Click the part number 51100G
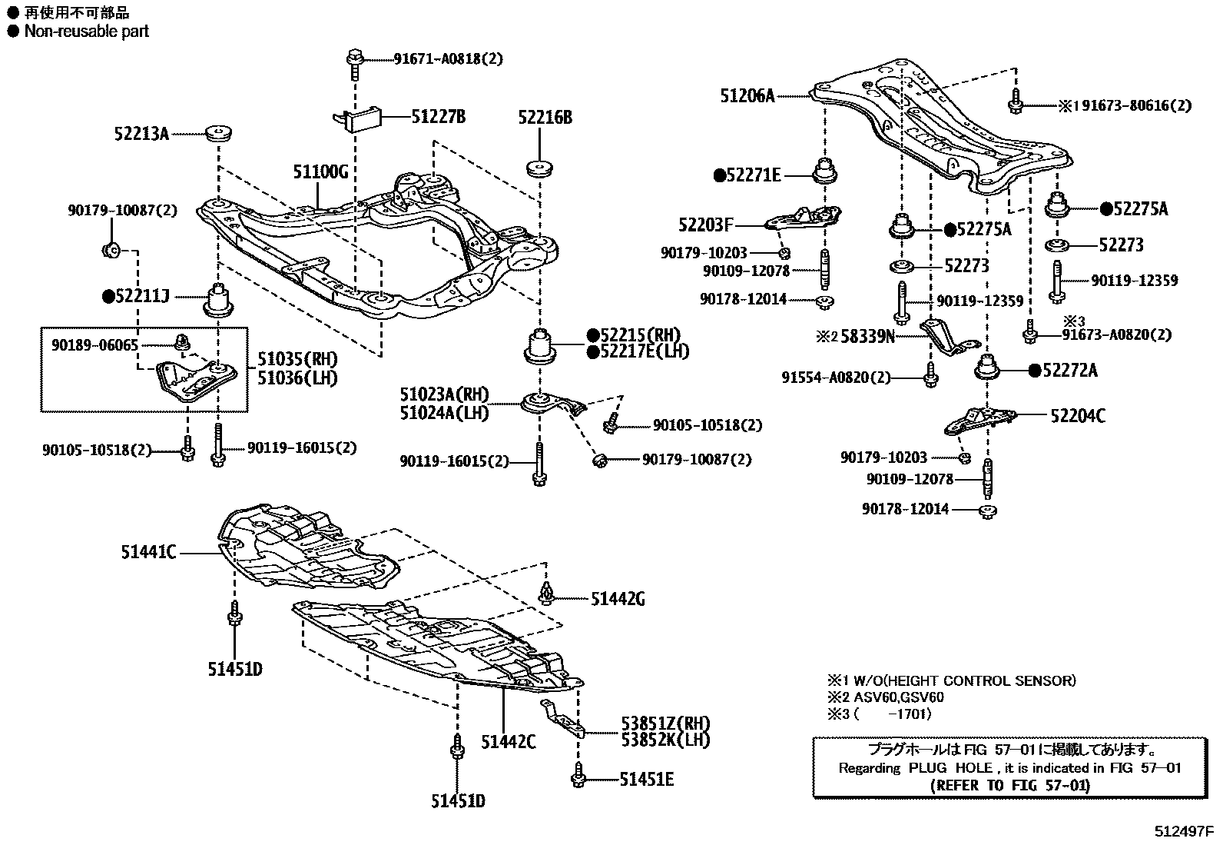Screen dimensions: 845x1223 [x=320, y=171]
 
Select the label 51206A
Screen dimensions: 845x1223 [x=747, y=96]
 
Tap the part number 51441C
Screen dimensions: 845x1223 [x=148, y=551]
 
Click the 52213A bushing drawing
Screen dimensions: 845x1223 [x=219, y=133]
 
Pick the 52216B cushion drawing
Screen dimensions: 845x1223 [x=540, y=169]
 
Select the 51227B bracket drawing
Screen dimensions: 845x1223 [x=360, y=118]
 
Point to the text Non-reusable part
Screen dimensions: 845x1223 [x=86, y=32]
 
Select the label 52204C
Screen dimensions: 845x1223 [x=1078, y=416]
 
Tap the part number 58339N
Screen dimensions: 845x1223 [x=868, y=335]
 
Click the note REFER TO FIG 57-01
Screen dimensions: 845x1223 [x=1009, y=786]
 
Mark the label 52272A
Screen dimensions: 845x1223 [x=1069, y=371]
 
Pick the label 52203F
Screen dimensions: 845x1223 [x=705, y=225]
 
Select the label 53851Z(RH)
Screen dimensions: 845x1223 [x=665, y=724]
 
